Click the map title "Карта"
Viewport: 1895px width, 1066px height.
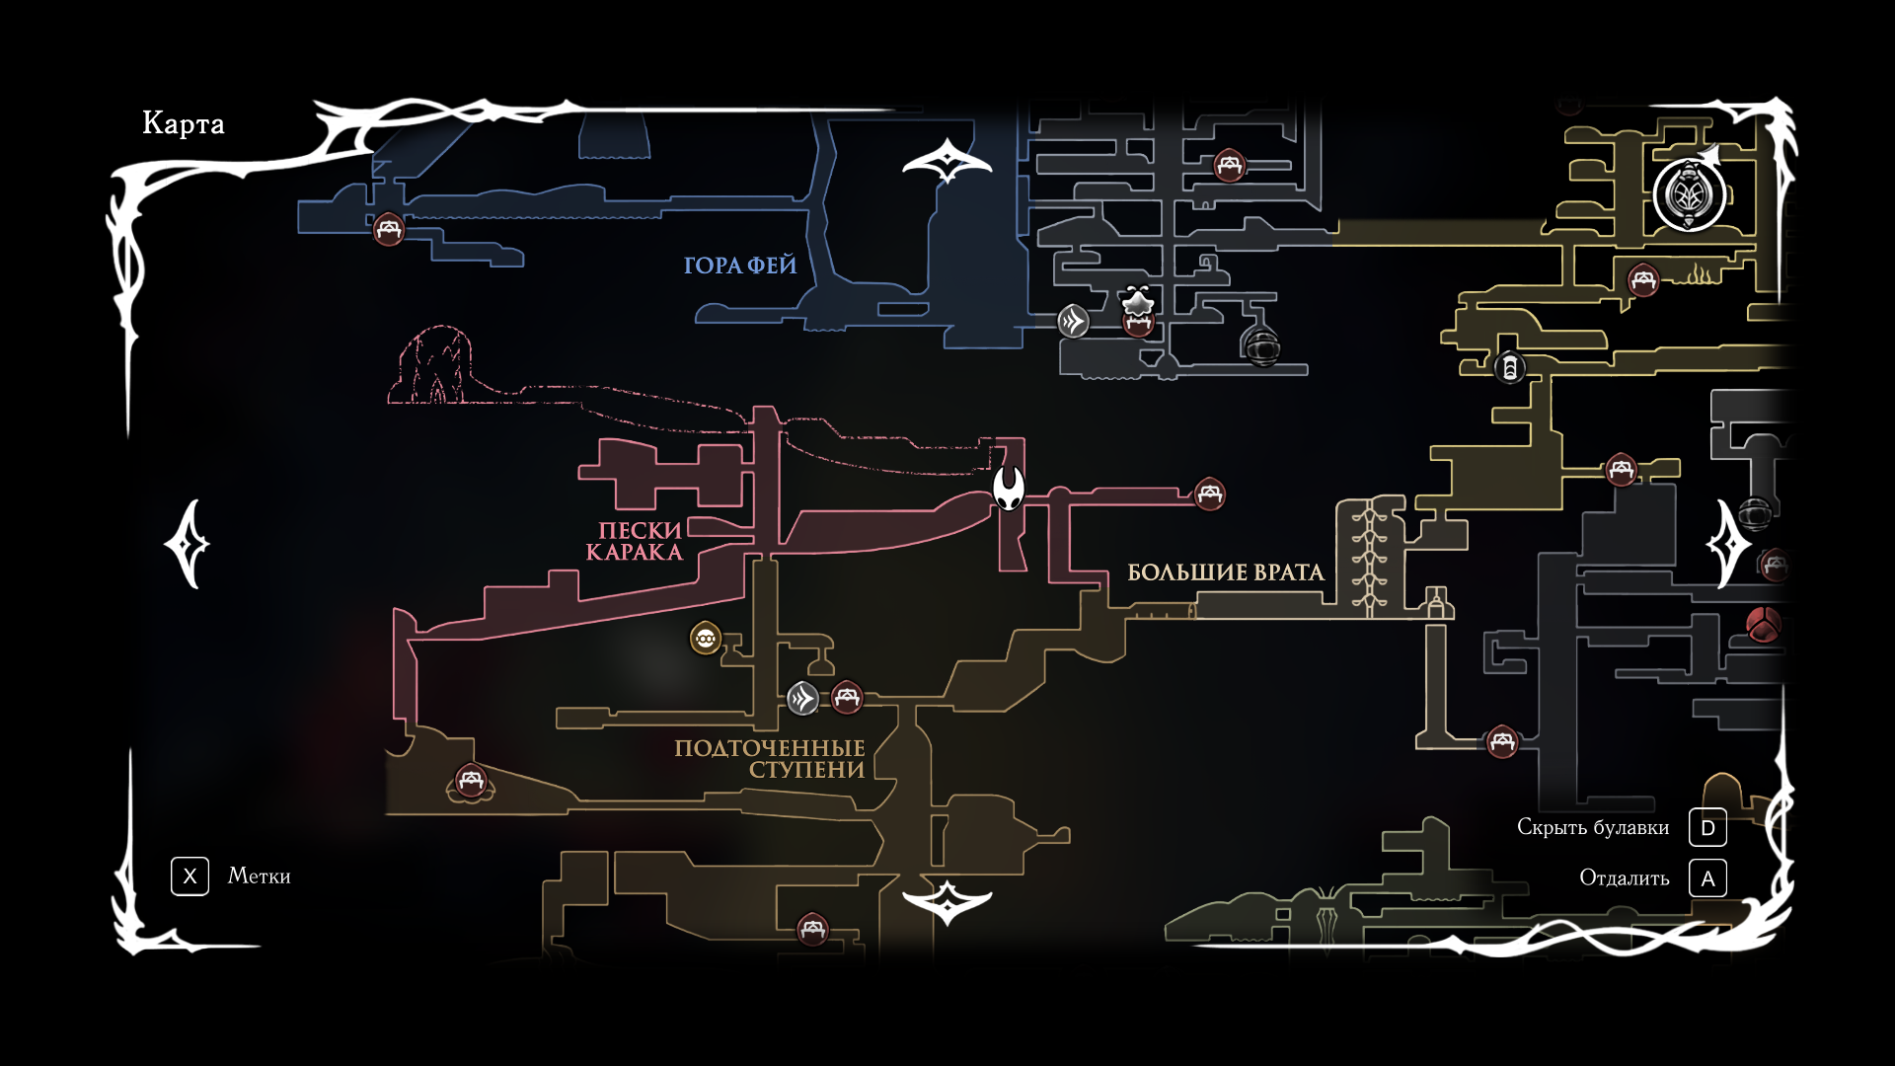point(184,123)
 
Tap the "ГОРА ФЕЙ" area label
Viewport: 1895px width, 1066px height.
point(740,266)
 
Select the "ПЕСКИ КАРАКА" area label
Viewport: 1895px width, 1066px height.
point(637,541)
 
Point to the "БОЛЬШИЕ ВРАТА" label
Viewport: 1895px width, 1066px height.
point(1225,572)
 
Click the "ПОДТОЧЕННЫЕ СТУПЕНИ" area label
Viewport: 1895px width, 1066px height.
point(770,759)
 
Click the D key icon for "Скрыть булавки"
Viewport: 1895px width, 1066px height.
point(1707,828)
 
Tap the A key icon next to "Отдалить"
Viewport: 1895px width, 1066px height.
point(1707,878)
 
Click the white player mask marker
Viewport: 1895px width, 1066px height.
point(1009,488)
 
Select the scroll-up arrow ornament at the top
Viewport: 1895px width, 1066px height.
point(947,160)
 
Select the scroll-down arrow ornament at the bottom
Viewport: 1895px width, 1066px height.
point(947,901)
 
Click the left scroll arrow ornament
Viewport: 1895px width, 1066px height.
point(188,544)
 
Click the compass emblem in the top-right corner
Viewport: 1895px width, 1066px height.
point(1690,194)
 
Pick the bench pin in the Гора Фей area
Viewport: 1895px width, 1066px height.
point(389,230)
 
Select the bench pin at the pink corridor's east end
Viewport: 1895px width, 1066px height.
point(1210,494)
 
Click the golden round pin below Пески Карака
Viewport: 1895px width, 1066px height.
point(706,639)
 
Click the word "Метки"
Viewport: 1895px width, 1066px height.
point(259,876)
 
